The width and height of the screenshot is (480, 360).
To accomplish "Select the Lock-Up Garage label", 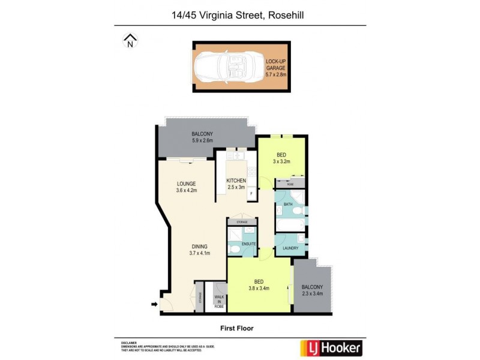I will (x=276, y=68).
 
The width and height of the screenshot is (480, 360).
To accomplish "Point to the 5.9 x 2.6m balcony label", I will (x=202, y=137).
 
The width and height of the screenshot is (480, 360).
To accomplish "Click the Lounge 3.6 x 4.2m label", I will (x=187, y=187).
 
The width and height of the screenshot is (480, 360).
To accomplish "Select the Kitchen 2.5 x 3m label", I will (x=236, y=184).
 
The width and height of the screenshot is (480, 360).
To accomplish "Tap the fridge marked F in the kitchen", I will (x=251, y=194).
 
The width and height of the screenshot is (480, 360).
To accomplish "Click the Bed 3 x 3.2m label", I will (x=281, y=158).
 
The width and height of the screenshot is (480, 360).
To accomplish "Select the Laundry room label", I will (x=290, y=247).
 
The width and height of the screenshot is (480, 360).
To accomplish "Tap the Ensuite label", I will (x=248, y=244).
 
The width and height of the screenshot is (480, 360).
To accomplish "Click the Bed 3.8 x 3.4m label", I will (x=259, y=284).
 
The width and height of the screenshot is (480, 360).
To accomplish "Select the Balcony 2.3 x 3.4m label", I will (x=313, y=290).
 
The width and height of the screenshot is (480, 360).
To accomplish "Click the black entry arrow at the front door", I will (x=154, y=304).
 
